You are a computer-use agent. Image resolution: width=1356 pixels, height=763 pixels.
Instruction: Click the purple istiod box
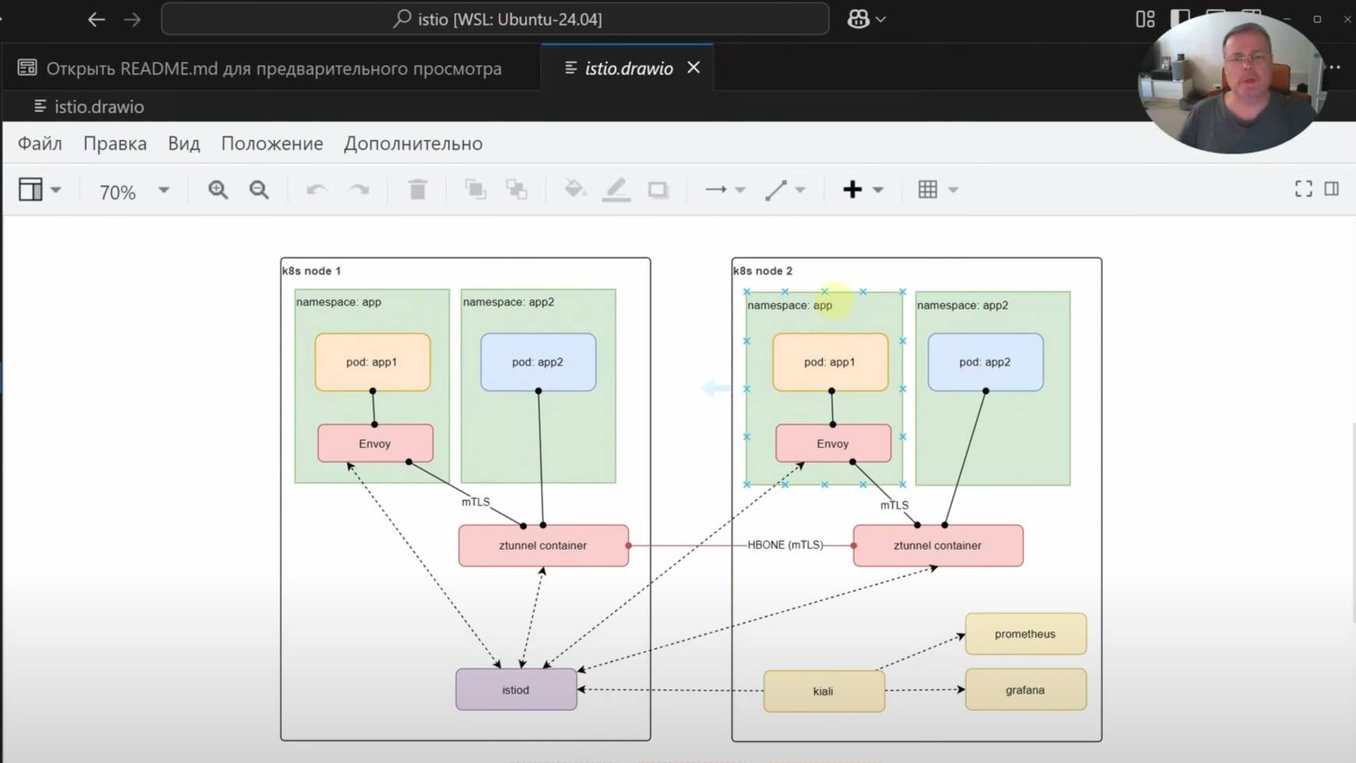(x=516, y=690)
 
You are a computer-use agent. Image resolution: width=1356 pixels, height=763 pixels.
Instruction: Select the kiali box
(x=823, y=691)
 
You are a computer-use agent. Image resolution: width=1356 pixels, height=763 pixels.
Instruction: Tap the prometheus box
(x=1025, y=634)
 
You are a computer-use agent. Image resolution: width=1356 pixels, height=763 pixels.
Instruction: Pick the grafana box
(x=1025, y=690)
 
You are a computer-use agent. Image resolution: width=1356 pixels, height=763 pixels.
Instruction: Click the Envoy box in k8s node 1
(x=375, y=444)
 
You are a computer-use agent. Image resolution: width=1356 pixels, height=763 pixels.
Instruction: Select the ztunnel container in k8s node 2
(x=938, y=546)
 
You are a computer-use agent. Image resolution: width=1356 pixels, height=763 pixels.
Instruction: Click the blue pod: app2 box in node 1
(x=537, y=362)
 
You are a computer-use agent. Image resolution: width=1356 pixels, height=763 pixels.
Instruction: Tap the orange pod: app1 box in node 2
(x=829, y=362)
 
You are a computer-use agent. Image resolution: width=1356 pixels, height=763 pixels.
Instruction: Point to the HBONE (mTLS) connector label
(x=785, y=545)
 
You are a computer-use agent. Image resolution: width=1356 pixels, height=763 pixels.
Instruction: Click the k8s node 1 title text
(x=312, y=271)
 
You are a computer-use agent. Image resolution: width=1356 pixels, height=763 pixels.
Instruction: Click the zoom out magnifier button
(x=259, y=190)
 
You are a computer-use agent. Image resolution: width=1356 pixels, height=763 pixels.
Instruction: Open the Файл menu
(x=40, y=144)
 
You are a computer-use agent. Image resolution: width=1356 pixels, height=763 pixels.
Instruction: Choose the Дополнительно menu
(x=413, y=144)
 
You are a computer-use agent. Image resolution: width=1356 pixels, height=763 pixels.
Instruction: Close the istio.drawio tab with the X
(x=693, y=68)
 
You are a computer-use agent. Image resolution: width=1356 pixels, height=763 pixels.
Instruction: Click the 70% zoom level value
(x=118, y=192)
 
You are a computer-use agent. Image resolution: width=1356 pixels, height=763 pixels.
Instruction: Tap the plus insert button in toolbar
(x=852, y=189)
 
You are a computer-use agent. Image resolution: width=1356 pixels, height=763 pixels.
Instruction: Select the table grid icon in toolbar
(x=928, y=189)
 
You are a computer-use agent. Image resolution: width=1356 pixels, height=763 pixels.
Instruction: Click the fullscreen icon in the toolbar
(x=1303, y=189)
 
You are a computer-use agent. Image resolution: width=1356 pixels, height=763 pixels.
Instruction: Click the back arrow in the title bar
(x=97, y=19)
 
